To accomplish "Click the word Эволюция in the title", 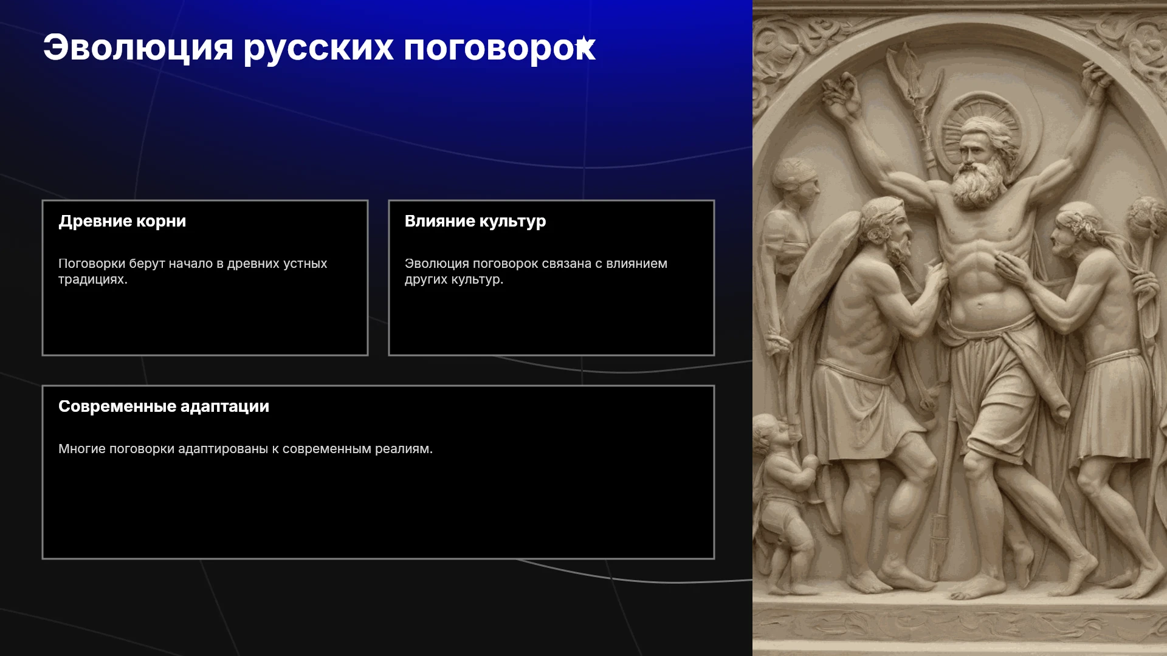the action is pos(138,47).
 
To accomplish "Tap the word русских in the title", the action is pos(318,49).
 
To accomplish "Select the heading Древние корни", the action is pos(122,221).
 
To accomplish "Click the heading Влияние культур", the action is pos(475,221).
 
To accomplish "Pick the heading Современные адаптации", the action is pos(164,406).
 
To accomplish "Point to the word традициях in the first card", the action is pos(92,279).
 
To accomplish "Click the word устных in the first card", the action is pos(304,264).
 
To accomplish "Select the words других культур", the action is pos(454,279).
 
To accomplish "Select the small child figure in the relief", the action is pos(784,498).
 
